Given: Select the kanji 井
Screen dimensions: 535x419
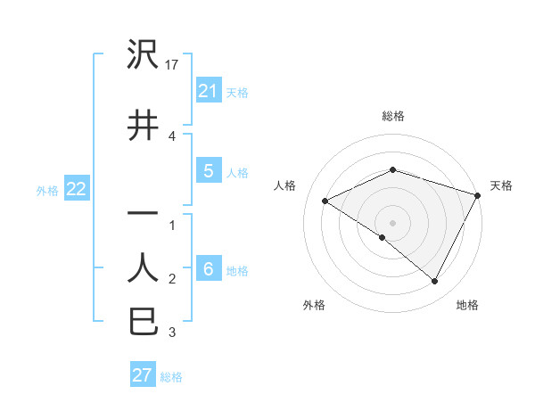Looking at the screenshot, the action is click(144, 125).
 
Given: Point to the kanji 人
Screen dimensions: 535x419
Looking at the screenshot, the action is click(144, 266).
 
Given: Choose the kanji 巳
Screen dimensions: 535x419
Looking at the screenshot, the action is click(144, 320).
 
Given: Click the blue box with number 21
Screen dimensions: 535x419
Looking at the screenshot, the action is click(208, 91).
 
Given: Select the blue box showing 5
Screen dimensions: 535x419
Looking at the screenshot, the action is click(208, 171).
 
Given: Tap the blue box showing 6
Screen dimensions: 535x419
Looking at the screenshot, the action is click(208, 269).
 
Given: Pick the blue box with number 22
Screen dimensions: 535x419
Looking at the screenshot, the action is click(76, 189).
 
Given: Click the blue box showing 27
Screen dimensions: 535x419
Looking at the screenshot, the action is click(143, 375).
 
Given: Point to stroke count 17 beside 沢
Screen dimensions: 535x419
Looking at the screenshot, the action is click(173, 65).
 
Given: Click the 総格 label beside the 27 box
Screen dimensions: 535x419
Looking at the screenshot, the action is click(171, 377).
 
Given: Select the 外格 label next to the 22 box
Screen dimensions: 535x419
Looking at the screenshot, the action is click(47, 190).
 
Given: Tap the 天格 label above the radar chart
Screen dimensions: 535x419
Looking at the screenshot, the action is click(501, 185).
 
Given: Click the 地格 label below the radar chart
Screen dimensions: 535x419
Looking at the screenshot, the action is click(467, 305).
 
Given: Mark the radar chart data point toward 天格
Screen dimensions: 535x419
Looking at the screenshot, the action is click(479, 195).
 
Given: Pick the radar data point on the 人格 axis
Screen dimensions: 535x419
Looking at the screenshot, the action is click(325, 201).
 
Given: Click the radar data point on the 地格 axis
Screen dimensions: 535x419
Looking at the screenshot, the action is click(435, 282).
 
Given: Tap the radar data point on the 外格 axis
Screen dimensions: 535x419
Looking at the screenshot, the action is click(383, 237).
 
